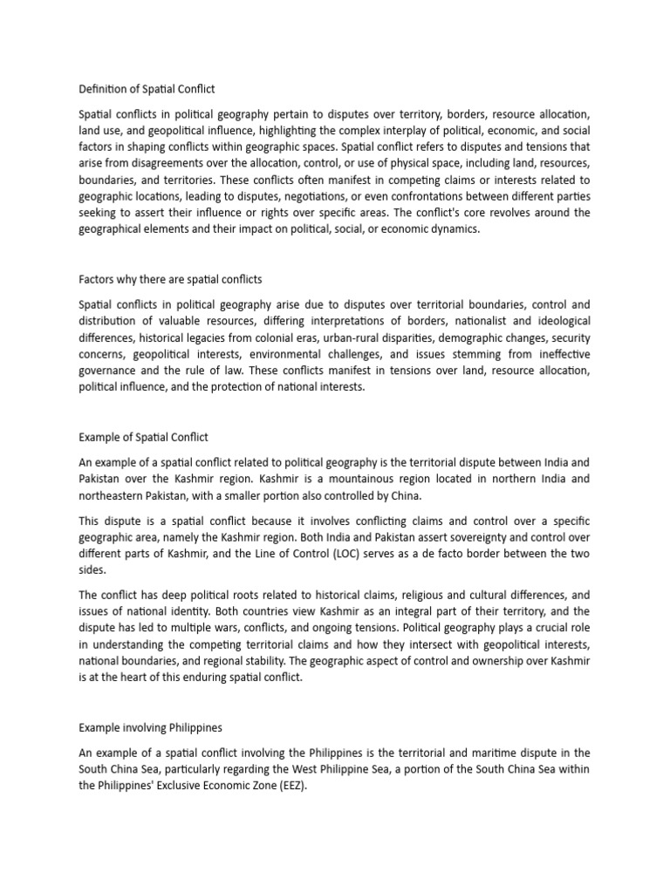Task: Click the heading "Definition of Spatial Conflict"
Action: (x=147, y=89)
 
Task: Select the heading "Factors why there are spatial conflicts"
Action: (x=170, y=279)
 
